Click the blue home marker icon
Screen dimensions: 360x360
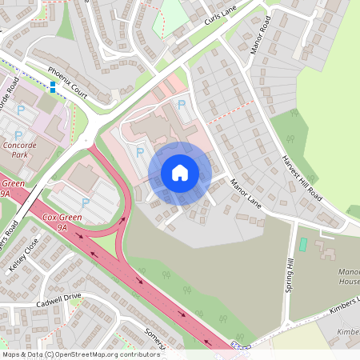click(x=180, y=172)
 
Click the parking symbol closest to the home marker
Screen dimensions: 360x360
click(x=141, y=151)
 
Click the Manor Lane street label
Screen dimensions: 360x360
click(x=246, y=191)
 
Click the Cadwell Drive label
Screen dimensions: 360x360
click(x=58, y=300)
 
